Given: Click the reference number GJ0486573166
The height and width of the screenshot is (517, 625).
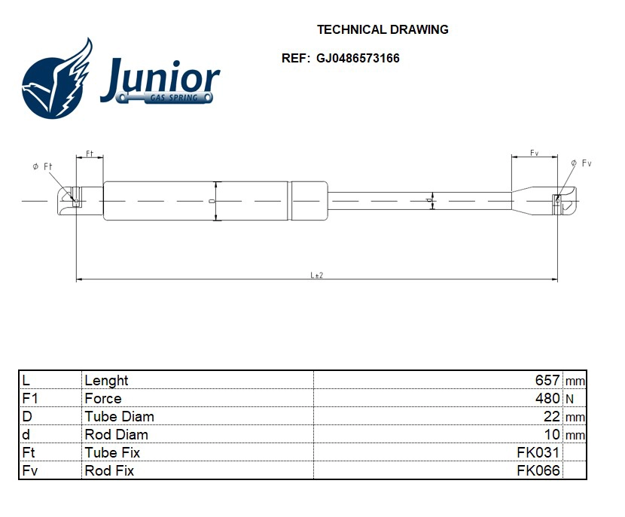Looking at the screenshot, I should [358, 58].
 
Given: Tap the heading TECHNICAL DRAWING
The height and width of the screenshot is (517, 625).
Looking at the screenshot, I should [383, 30].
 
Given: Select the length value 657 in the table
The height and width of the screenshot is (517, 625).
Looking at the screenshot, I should [547, 381].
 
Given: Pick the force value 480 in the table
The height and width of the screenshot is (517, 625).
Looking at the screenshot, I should [547, 399].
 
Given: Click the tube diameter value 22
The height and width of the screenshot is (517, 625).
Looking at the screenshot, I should [551, 417].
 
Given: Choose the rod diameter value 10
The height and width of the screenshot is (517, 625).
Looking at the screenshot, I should [551, 435].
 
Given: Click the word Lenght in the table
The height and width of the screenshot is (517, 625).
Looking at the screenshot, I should [106, 381].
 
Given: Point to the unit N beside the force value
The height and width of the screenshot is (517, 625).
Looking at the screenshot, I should [569, 399].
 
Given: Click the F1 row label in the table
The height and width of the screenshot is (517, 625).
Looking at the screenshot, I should [30, 399].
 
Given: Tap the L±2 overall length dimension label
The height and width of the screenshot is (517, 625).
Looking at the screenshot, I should [317, 275].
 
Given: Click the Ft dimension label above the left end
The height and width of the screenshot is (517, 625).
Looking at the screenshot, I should [89, 154].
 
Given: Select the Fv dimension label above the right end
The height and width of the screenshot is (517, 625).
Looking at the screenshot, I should [534, 153].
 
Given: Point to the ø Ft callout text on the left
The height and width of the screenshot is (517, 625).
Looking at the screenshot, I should [43, 166].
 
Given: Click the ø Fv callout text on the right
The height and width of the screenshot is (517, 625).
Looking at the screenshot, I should [582, 163].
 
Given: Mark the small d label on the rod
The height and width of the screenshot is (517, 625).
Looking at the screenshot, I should [428, 201].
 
